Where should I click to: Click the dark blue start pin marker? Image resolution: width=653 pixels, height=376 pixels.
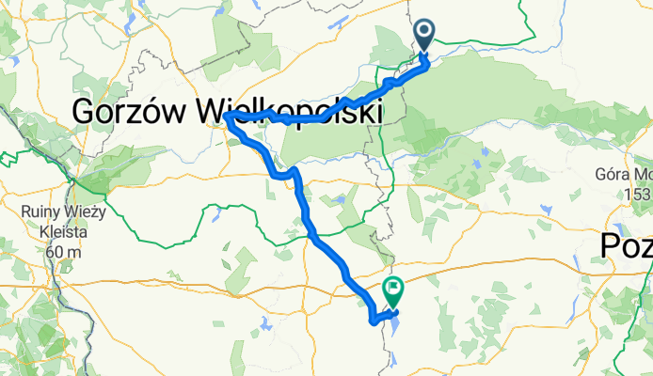click(423, 35)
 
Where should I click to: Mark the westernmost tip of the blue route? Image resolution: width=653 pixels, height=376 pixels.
click(227, 117)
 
